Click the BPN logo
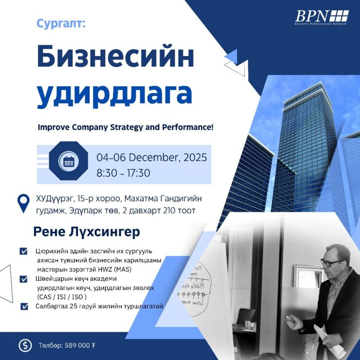click(x=322, y=17)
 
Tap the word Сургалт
click(x=60, y=23)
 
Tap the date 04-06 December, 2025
click(x=151, y=158)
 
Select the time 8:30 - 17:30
click(x=123, y=173)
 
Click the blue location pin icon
click(x=23, y=203)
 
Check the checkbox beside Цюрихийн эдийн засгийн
click(x=23, y=252)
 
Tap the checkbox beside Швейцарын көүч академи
click(x=23, y=279)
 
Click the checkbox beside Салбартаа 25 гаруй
click(x=23, y=306)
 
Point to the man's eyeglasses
click(x=332, y=262)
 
